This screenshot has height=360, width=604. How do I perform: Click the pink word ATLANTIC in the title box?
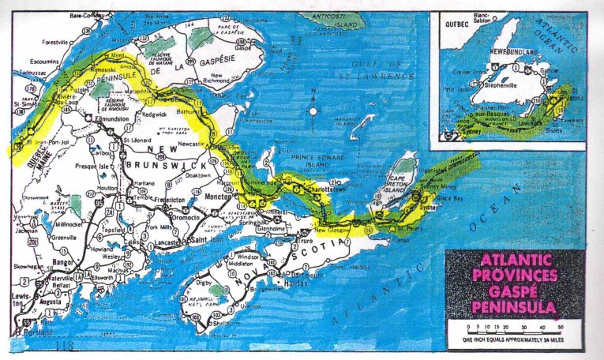point(517,261)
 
